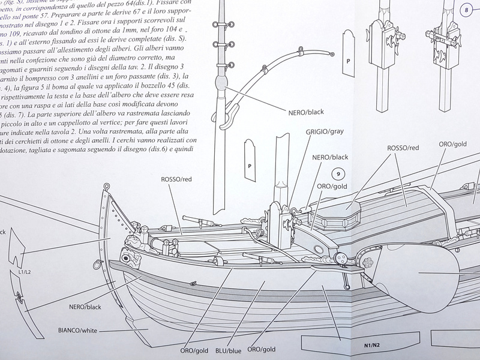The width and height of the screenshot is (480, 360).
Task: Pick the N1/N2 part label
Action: pyautogui.click(x=373, y=346)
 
